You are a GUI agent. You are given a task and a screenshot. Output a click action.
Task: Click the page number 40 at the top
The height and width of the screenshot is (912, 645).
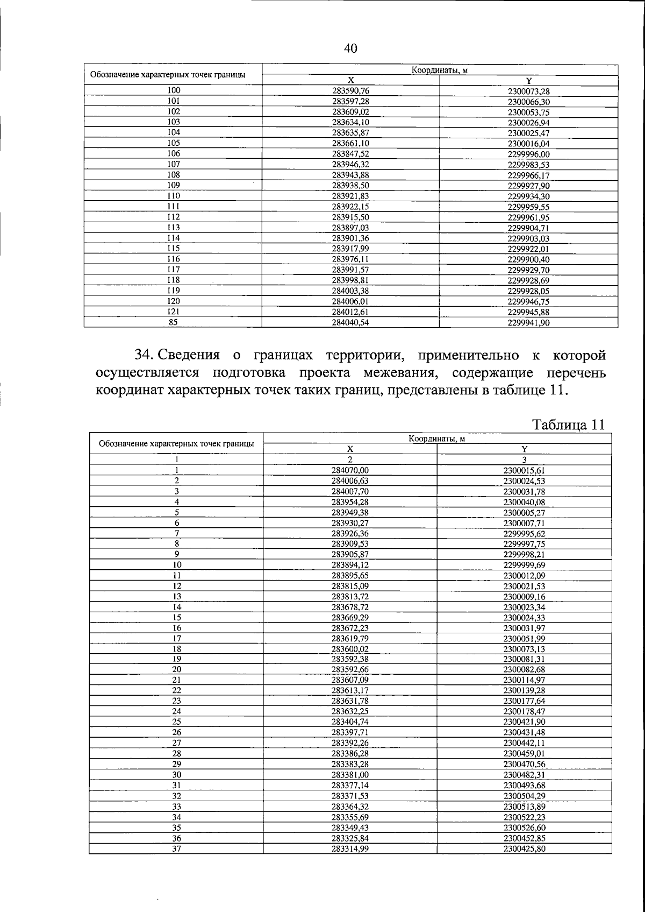(x=350, y=48)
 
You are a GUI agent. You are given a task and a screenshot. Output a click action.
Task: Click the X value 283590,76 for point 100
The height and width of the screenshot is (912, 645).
(x=350, y=91)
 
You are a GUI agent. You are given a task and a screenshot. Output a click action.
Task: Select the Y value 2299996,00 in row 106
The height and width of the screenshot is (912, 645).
(x=528, y=154)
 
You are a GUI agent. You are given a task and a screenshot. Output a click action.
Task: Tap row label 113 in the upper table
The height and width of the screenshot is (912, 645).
(x=173, y=228)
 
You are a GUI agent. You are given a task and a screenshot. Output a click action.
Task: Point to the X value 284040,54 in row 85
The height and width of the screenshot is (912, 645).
(x=350, y=323)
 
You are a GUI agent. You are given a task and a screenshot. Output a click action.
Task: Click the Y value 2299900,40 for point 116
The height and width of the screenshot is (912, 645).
(x=528, y=259)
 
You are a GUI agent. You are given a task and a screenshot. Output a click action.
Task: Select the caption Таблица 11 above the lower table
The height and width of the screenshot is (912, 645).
(x=569, y=424)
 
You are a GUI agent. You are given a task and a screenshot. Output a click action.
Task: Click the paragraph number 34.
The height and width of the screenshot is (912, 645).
(x=144, y=355)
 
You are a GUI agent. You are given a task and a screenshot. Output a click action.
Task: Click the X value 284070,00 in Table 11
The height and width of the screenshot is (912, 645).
(x=350, y=470)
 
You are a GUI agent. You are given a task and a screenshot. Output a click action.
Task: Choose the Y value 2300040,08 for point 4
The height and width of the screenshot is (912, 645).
(x=525, y=502)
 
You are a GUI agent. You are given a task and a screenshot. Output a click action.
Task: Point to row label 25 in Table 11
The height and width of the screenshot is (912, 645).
(x=176, y=722)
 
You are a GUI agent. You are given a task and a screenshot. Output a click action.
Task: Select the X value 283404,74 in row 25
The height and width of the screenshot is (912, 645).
(x=350, y=722)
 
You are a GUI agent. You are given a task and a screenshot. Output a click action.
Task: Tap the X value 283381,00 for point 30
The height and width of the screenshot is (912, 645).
(x=350, y=775)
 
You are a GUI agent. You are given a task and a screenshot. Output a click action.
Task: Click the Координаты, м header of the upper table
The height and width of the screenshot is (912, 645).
(x=439, y=70)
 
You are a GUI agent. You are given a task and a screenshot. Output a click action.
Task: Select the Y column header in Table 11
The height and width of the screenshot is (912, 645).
(x=525, y=449)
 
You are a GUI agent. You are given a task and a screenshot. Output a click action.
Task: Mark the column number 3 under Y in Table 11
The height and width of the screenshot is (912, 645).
(x=525, y=459)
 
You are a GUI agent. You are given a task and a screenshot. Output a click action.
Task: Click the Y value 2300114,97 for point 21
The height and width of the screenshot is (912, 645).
(x=525, y=680)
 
